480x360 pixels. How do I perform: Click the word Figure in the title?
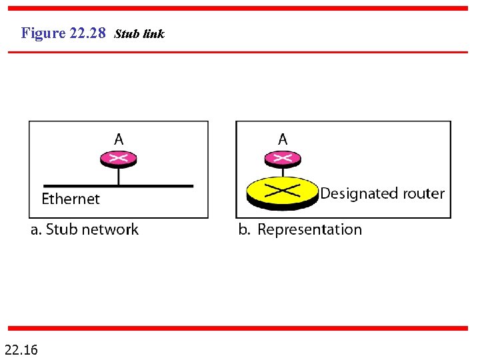pos(43,33)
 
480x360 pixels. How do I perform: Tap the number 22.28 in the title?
pos(87,33)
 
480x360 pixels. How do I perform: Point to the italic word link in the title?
pos(153,33)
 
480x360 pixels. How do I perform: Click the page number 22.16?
pos(21,349)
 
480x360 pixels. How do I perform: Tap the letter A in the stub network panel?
pos(119,139)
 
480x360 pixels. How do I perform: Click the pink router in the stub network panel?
pos(119,158)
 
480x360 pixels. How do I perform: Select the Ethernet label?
pos(71,199)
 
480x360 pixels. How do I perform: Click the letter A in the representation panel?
pos(283,139)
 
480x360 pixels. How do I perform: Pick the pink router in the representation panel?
pos(283,158)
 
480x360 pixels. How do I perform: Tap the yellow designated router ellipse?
pos(283,191)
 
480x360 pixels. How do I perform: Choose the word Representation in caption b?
pos(309,230)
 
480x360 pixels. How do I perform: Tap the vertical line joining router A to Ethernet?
pos(119,175)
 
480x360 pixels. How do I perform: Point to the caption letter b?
pos(243,230)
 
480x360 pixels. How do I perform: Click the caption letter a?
pos(35,231)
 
